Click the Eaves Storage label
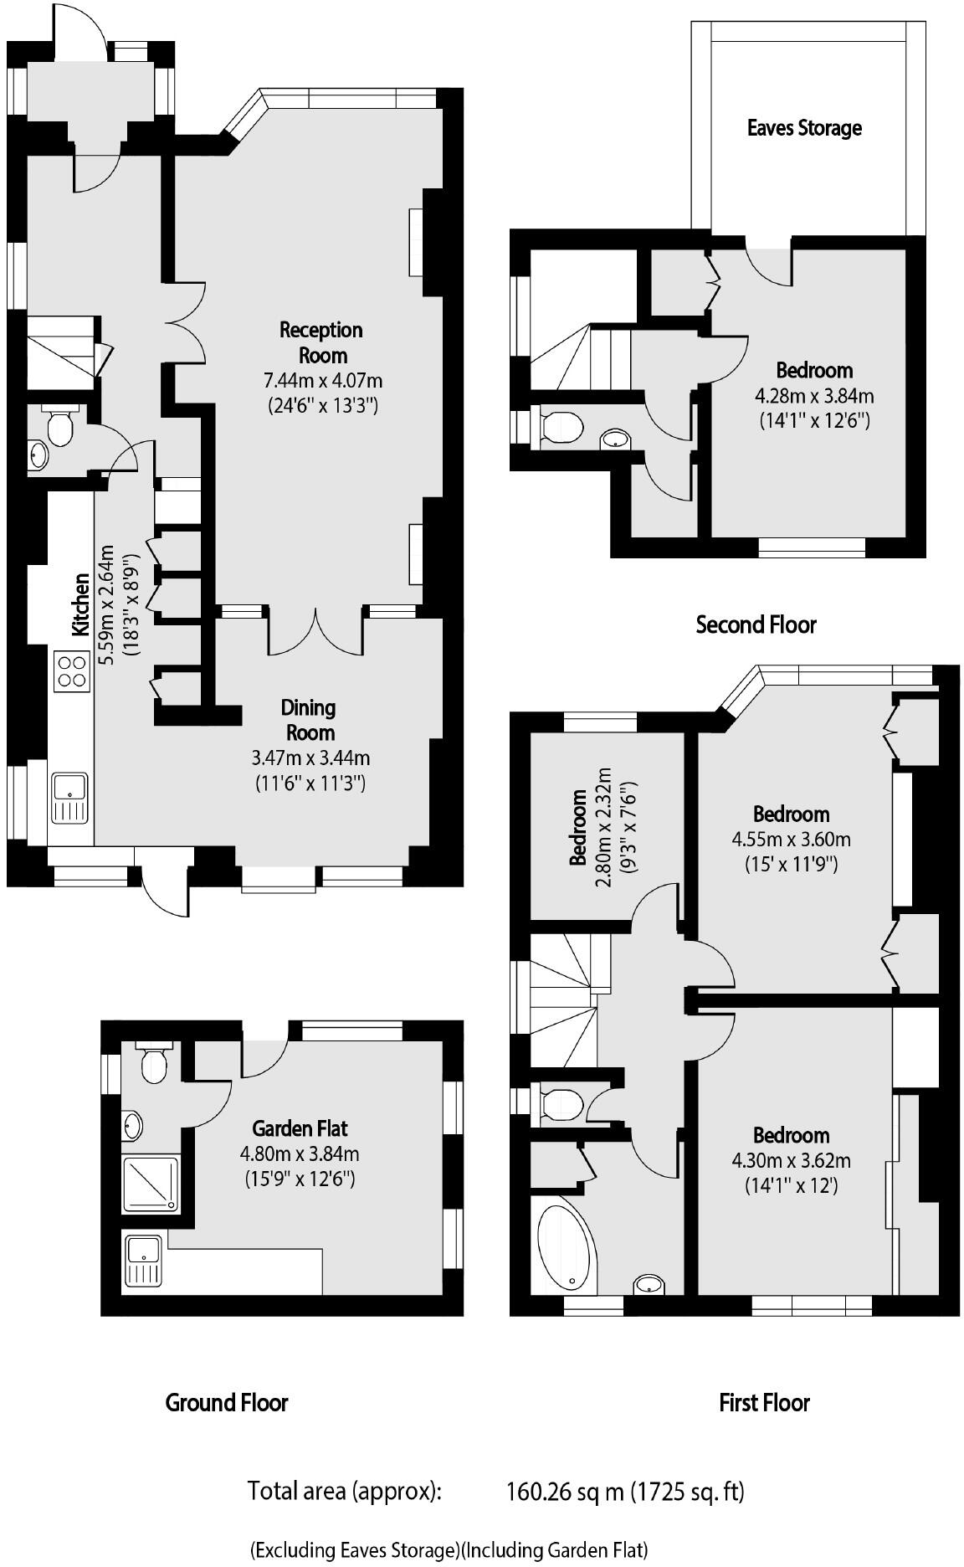coord(803,128)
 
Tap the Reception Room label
coord(321,342)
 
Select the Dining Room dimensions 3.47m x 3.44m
coord(310,758)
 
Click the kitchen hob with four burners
coord(72,671)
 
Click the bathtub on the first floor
coord(566,1245)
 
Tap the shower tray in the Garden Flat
coord(151,1183)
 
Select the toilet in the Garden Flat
coord(153,1064)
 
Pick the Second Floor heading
coord(756,624)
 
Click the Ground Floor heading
coord(227,1403)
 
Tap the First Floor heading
coord(764,1403)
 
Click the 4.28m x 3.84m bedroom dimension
coord(814,396)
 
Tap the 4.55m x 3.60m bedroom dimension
coord(791,840)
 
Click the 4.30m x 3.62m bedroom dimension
coord(791,1161)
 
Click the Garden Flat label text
coord(300,1128)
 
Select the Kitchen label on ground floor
coord(80,604)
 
